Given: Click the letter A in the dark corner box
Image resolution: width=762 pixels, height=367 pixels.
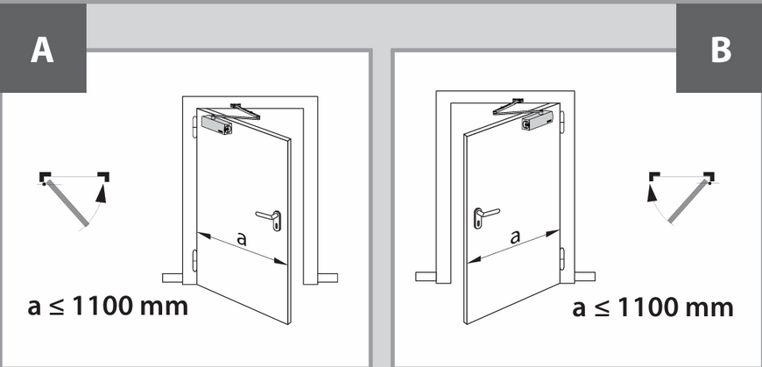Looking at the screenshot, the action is (x=42, y=50).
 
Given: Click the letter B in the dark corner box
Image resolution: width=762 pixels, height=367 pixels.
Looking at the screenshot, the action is (x=721, y=50).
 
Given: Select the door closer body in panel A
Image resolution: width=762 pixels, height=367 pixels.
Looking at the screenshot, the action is (x=216, y=125).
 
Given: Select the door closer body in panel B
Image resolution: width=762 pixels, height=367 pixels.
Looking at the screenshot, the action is (x=538, y=121).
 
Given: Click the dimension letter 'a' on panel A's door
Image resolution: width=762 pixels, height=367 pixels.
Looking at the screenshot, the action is (x=242, y=238).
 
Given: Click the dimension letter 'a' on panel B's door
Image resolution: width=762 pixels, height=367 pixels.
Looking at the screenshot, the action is (x=515, y=236).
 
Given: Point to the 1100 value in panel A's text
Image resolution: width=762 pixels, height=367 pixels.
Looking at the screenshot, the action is (x=102, y=307).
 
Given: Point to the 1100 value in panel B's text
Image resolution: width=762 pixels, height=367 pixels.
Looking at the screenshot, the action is (x=647, y=307).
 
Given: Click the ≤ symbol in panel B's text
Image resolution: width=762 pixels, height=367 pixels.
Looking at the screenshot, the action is (x=602, y=308).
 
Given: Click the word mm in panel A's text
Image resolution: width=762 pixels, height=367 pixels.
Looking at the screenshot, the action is (x=163, y=308).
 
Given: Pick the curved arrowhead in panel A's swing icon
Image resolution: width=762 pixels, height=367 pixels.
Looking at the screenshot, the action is (x=101, y=193).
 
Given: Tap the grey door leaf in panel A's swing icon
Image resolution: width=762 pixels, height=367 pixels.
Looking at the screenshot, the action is (x=67, y=204).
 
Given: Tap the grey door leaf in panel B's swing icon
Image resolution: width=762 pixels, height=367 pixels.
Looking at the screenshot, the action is (x=688, y=202).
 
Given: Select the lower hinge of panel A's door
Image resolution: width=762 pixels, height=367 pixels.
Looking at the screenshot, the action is (x=194, y=260).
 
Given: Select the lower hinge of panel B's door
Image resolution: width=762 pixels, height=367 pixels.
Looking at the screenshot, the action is (x=563, y=258).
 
